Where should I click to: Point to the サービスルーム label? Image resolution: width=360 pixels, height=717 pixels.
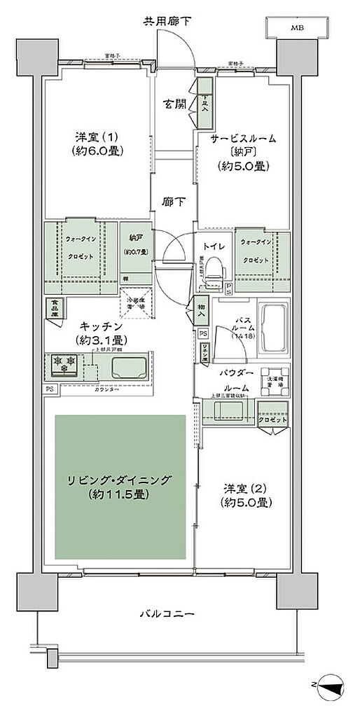pyautogui.click(x=244, y=139)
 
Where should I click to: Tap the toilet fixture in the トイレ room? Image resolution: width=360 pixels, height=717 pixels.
pyautogui.click(x=216, y=269)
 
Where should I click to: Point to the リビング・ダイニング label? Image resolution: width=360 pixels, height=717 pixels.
pyautogui.click(x=119, y=487)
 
